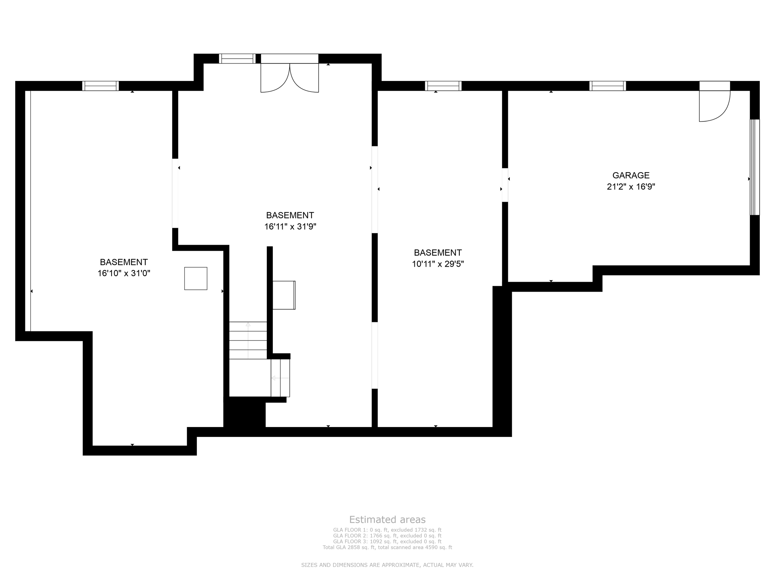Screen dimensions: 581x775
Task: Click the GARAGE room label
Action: point(631,176)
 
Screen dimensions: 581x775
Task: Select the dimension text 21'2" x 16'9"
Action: point(631,187)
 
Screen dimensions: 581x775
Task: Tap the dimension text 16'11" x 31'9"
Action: point(290,227)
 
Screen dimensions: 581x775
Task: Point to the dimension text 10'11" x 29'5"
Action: point(438,264)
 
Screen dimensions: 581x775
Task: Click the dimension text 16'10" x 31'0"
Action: point(124,273)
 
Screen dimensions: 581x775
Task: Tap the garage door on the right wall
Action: point(755,167)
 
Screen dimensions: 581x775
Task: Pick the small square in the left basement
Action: point(196,278)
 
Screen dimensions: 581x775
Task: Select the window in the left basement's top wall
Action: point(101,86)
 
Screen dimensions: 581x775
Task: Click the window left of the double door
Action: point(237,59)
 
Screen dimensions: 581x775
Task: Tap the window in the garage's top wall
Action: point(607,86)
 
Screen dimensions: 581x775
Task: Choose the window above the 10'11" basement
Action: point(443,86)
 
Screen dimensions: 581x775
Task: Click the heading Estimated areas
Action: point(387,520)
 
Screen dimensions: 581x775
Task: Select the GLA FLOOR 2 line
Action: point(387,536)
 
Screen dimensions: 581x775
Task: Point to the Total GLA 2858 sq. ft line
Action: point(387,547)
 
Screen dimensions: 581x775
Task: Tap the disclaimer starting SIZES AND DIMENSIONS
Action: point(387,565)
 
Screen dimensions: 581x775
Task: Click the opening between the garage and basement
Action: point(505,185)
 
